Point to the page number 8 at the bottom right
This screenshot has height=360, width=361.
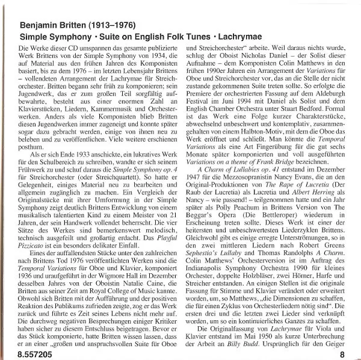pyautogui.click(x=341, y=354)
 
